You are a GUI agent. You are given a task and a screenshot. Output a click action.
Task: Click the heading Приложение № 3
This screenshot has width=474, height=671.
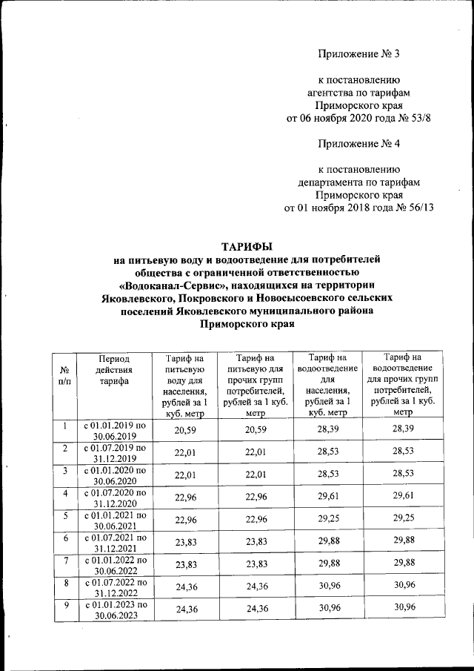pyautogui.click(x=358, y=54)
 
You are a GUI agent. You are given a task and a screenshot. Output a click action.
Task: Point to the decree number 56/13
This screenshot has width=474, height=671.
pyautogui.click(x=415, y=208)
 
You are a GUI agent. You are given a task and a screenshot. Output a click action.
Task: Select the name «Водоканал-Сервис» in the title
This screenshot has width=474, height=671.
pyautogui.click(x=172, y=285)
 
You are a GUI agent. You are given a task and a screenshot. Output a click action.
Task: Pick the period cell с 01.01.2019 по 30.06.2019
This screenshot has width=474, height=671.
pyautogui.click(x=114, y=431)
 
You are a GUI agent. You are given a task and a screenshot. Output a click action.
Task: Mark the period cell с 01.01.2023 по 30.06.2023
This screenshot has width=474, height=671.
pyautogui.click(x=114, y=609)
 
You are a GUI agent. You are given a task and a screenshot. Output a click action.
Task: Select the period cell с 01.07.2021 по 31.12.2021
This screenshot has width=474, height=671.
pyautogui.click(x=114, y=542)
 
